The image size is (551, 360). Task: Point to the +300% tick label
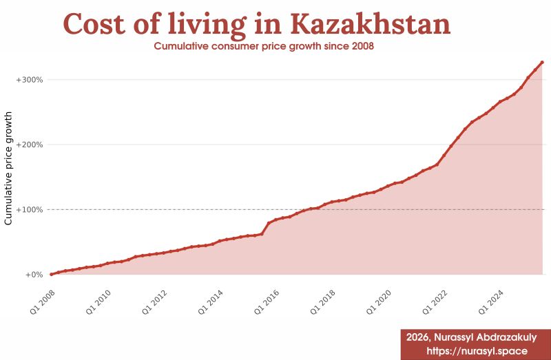pyautogui.click(x=29, y=80)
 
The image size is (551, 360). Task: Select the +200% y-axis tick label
pyautogui.click(x=29, y=145)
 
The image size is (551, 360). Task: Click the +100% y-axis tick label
pyautogui.click(x=29, y=209)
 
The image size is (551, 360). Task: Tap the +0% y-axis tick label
pyautogui.click(x=33, y=275)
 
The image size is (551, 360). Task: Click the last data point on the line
pyautogui.click(x=542, y=63)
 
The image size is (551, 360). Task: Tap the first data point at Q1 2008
pyautogui.click(x=52, y=274)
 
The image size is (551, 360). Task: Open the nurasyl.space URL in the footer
pyautogui.click(x=477, y=351)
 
